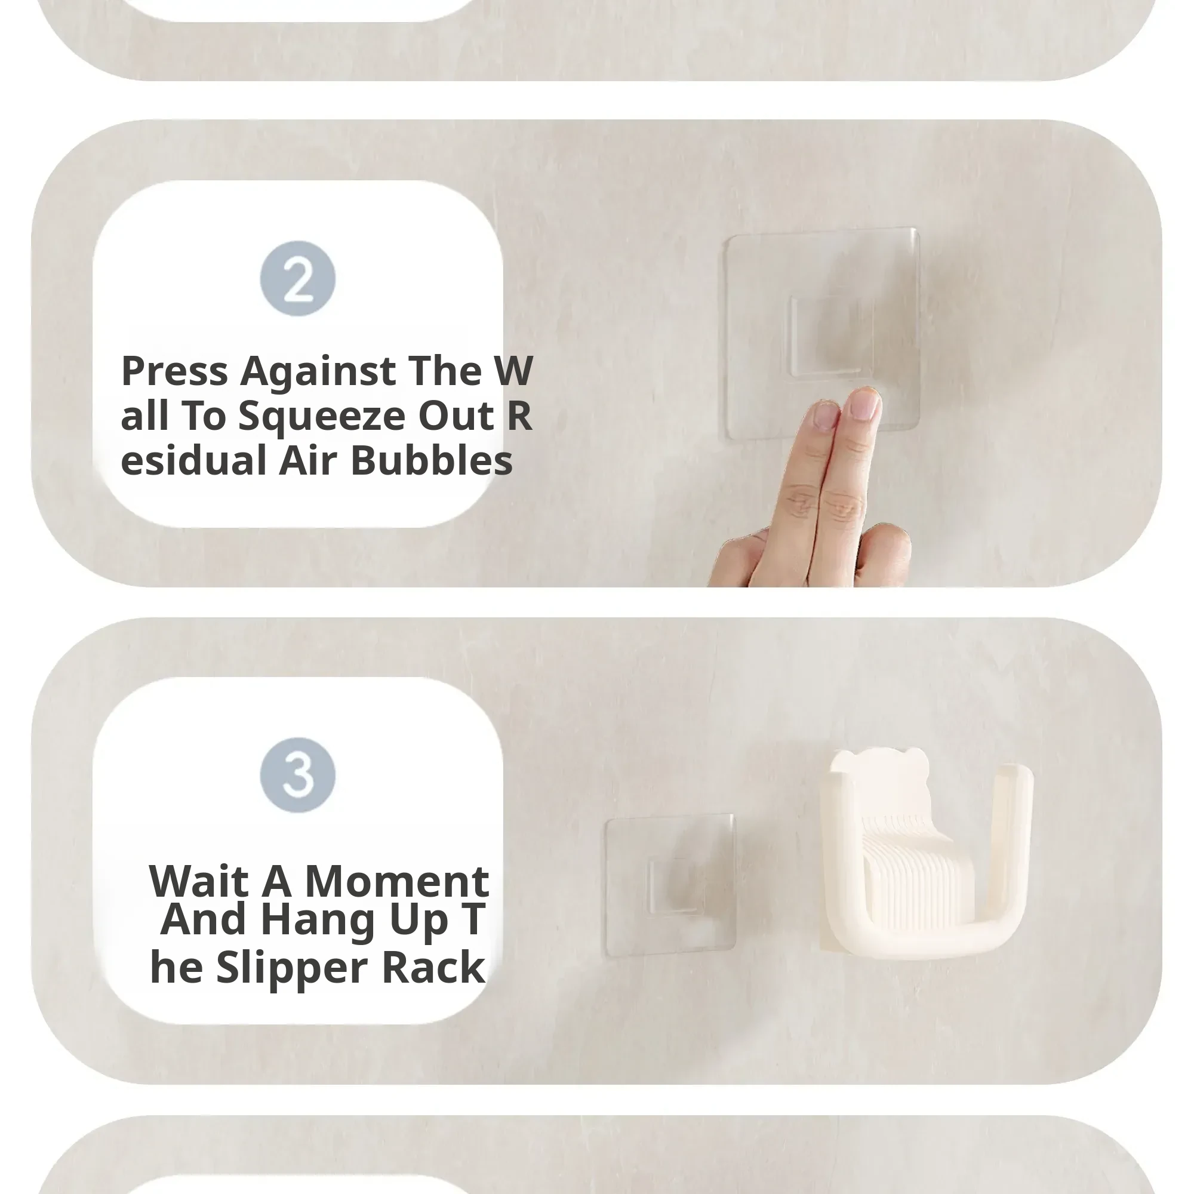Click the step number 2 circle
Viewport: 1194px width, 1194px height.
pos(298,279)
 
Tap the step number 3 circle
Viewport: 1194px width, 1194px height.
pos(298,775)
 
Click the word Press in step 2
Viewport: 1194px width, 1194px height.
pos(175,371)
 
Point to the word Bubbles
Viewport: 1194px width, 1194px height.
pos(432,460)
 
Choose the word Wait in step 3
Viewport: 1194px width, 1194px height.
pos(198,881)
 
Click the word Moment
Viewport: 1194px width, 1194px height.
pos(397,881)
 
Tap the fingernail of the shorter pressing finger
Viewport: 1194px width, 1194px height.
pos(825,416)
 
